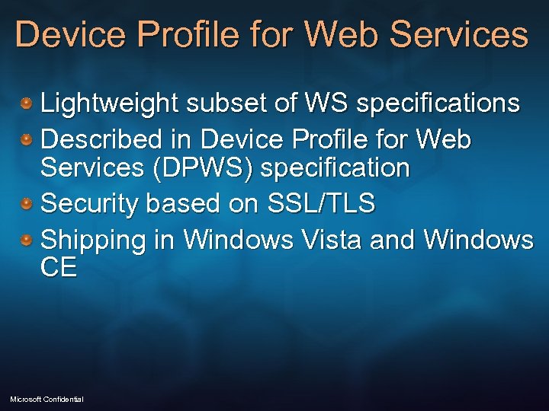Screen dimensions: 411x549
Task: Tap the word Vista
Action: coord(332,241)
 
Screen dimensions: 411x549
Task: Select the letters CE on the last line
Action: coord(59,268)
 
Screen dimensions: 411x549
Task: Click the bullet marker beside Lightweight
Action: coord(27,102)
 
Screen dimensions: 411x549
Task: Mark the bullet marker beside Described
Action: coord(27,139)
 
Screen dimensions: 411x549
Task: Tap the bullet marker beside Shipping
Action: coord(27,240)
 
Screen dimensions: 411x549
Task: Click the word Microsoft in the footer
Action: coord(26,400)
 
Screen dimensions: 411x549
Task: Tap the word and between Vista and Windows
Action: coord(393,241)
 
